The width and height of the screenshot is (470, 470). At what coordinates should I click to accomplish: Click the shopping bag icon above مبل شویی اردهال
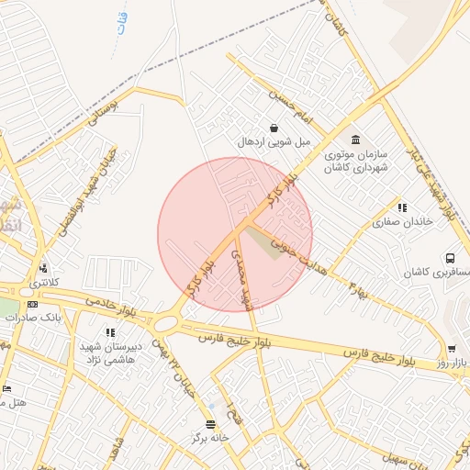click(273, 128)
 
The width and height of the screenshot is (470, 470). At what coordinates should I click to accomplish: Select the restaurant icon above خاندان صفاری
click(401, 208)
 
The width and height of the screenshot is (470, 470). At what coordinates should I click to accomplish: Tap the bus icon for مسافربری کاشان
click(451, 259)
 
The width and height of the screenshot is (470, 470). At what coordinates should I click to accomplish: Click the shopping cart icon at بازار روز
click(452, 349)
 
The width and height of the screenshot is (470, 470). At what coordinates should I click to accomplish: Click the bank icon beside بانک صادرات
click(33, 304)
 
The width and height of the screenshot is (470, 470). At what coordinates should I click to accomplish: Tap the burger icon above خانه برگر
click(213, 424)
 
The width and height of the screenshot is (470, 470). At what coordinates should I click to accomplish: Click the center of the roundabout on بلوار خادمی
click(166, 323)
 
